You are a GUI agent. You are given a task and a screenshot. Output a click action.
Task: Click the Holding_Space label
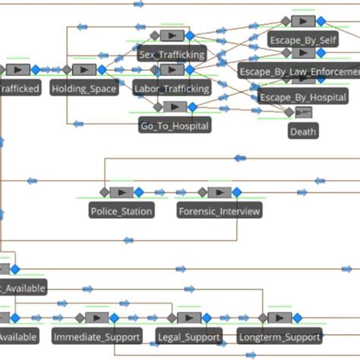point(84,89)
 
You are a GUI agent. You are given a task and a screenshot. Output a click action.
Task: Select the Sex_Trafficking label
point(172,55)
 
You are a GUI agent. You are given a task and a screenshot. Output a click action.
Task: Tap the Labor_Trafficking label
point(172,89)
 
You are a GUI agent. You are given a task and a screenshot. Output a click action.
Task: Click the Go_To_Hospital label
point(175,125)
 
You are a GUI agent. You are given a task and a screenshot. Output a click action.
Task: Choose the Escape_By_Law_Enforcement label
point(298,71)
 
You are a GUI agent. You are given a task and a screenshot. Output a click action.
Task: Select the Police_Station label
point(122,210)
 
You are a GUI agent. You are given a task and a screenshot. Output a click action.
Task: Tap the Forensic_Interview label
point(219,210)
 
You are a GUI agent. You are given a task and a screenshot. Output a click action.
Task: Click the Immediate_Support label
point(97,336)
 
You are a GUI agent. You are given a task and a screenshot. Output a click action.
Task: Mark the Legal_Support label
point(188,336)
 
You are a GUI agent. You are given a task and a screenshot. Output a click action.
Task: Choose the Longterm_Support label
point(279,336)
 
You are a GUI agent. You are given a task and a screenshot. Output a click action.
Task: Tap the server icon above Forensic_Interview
point(219,192)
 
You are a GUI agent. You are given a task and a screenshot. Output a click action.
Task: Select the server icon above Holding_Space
point(84,70)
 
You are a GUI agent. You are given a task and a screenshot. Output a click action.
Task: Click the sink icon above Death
point(303,112)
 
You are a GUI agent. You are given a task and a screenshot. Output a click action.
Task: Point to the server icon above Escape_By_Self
point(303,21)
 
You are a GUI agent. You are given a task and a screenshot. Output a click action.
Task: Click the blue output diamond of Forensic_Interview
point(237,192)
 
